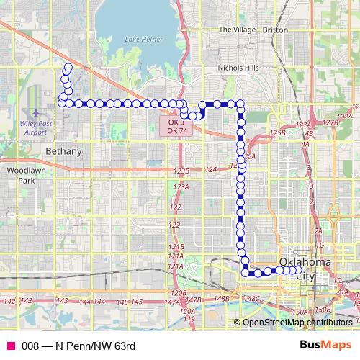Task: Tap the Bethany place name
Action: coord(63,151)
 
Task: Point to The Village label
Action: coord(236,30)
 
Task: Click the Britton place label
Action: coord(275,30)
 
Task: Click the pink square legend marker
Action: coord(11,346)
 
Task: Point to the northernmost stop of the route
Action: coord(68,68)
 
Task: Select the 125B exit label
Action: coord(277,133)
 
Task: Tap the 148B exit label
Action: coord(222,298)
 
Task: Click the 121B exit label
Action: coord(176,247)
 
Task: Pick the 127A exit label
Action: coord(302,125)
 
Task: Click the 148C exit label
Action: coord(251,298)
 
